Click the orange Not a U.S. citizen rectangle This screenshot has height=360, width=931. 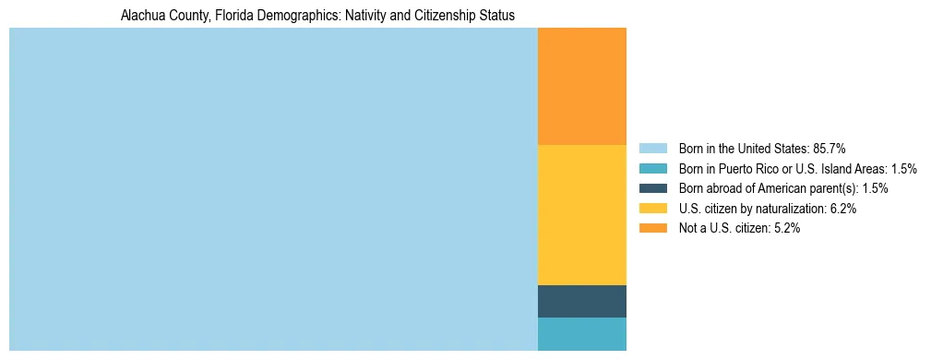581,86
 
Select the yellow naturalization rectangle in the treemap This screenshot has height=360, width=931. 581,215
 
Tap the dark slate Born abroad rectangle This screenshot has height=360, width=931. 581,301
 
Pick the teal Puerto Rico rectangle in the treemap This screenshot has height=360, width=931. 581,333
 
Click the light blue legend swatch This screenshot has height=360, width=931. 652,148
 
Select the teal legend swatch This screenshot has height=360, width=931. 652,168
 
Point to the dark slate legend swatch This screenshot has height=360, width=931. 652,188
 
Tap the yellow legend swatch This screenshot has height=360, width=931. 652,209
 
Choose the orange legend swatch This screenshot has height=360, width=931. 652,229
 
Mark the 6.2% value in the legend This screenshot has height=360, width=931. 841,209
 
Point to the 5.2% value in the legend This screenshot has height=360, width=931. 785,229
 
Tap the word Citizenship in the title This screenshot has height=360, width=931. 438,16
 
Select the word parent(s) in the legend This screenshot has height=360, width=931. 832,188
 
